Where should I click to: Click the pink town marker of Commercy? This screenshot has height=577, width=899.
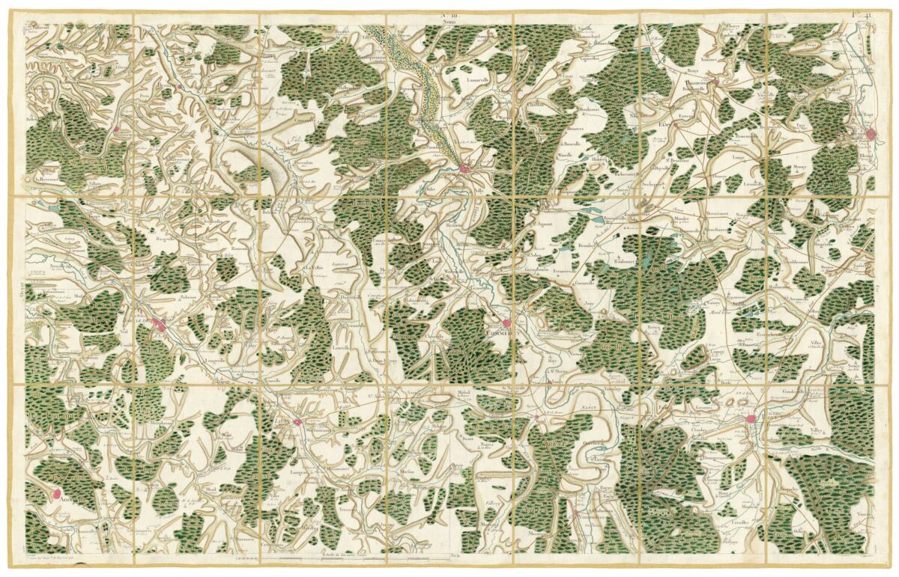[x=507, y=323]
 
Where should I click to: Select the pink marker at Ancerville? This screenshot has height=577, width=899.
[x=57, y=493]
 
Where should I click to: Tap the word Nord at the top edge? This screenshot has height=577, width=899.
[x=449, y=22]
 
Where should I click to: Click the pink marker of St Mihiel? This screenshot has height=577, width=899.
[x=465, y=170]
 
